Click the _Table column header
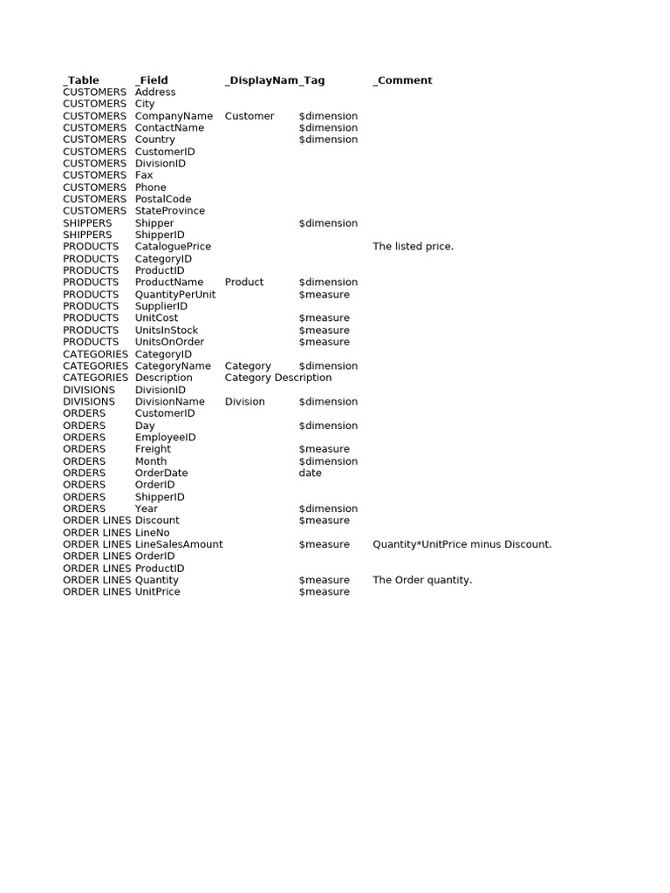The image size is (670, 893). coord(81,80)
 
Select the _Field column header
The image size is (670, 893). coord(152,80)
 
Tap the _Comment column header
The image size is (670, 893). coord(402,80)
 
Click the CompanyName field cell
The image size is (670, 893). coord(174,116)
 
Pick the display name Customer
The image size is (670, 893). coord(250,116)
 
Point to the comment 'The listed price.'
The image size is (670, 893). coord(413,247)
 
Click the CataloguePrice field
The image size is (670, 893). coord(173,247)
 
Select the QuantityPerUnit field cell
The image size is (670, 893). coord(175,295)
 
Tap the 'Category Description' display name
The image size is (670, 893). coord(278,378)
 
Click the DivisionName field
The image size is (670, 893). coord(170,402)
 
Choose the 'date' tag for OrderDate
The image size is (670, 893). coord(310,473)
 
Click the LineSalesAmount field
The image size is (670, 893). coord(179,544)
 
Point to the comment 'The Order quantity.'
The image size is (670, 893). coord(422,580)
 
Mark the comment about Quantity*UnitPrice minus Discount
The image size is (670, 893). coord(461,544)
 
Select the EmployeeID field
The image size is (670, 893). coord(165,438)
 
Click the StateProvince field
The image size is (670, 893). coord(170,211)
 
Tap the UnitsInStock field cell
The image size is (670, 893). coord(167,331)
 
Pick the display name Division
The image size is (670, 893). coord(245,402)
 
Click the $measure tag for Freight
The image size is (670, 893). coord(324,449)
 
